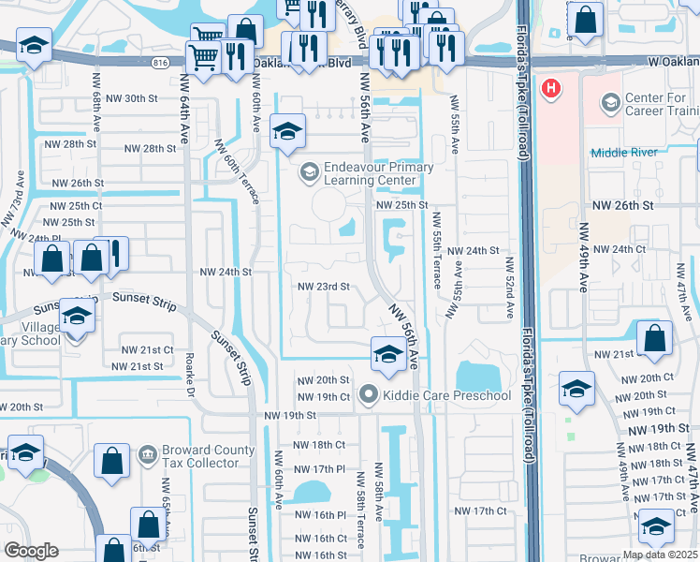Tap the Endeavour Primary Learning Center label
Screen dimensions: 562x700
coord(378,174)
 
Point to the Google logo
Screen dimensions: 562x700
coord(31,551)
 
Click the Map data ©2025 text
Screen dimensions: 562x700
coord(660,555)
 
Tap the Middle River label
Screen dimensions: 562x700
coord(630,152)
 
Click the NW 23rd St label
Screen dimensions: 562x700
coord(323,287)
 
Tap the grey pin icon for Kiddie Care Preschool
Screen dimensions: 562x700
coord(367,395)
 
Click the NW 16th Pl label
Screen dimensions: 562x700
coord(319,515)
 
